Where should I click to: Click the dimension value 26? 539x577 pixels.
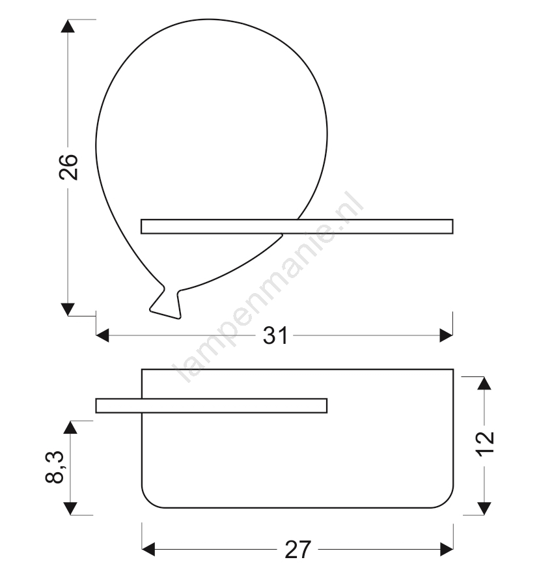coord(68,167)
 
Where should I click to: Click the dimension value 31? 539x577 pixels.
coord(275,335)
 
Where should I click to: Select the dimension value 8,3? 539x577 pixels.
coord(55,468)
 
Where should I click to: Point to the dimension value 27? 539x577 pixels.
coord(298,550)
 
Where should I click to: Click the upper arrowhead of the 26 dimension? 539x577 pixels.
coord(68,26)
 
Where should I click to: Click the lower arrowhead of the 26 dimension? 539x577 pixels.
coord(68,309)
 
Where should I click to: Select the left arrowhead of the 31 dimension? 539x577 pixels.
coord(103,335)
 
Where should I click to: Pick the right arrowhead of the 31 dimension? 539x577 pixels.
coord(447,335)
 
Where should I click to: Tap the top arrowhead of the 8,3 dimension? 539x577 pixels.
coord(70,428)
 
